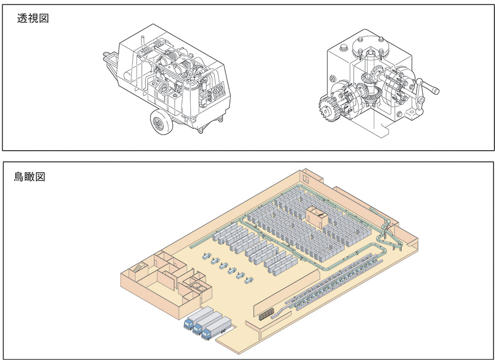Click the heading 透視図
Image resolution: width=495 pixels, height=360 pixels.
(33, 19)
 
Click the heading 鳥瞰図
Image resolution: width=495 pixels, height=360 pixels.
(29, 176)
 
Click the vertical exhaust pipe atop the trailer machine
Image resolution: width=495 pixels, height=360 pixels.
(142, 40)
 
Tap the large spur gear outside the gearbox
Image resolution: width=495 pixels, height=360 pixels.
(329, 109)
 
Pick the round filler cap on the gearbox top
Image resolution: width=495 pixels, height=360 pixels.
(343, 48)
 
